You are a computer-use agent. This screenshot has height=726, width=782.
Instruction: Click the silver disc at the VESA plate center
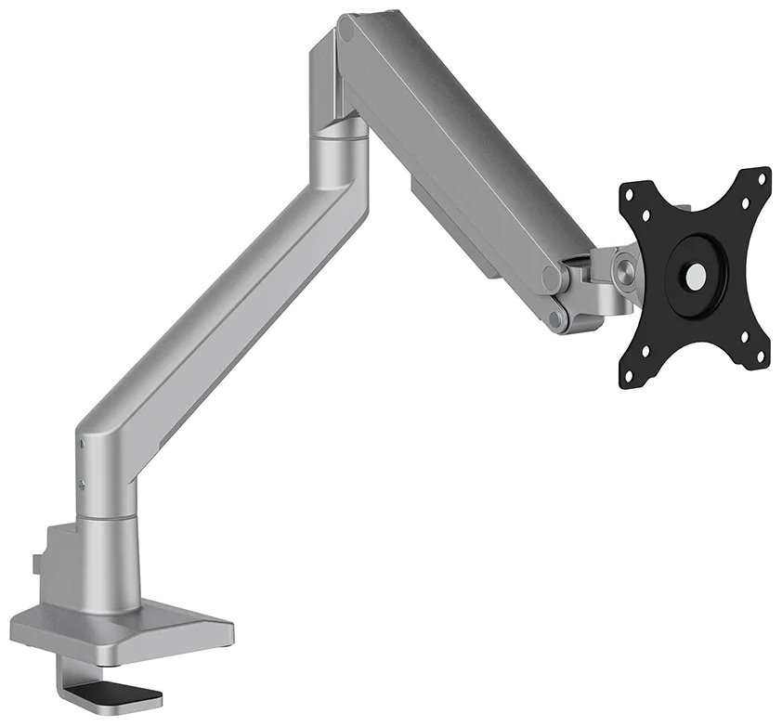point(693,276)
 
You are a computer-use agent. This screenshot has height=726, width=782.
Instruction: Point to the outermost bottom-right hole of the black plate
point(761,356)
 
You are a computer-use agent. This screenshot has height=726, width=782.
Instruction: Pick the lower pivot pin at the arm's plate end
point(555,318)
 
